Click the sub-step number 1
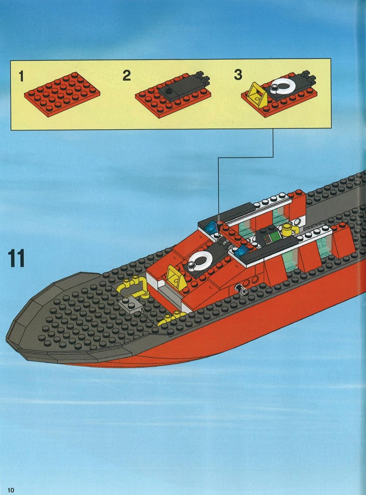[x=21, y=76]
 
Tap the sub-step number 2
[x=127, y=75]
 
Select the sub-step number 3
[x=238, y=75]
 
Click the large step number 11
[x=16, y=258]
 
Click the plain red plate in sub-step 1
[x=62, y=94]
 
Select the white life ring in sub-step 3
[x=282, y=85]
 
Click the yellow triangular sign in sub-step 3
[x=257, y=95]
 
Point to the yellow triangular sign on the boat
[x=176, y=278]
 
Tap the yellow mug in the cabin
[x=289, y=230]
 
